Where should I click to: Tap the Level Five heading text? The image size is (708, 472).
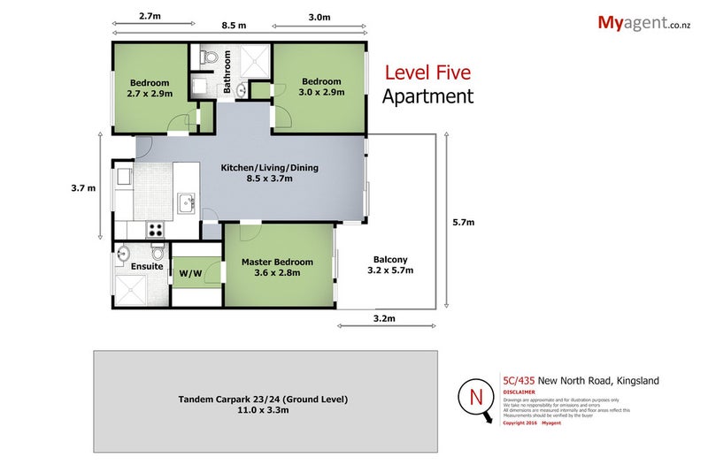point(427,73)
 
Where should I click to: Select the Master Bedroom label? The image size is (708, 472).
point(277,267)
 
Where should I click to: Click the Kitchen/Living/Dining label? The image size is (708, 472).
point(257,172)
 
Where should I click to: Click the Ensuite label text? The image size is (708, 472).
point(146,265)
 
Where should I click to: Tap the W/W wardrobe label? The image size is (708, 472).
point(189,273)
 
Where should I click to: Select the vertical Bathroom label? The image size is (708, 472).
point(227,72)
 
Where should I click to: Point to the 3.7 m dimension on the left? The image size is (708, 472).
point(84,187)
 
